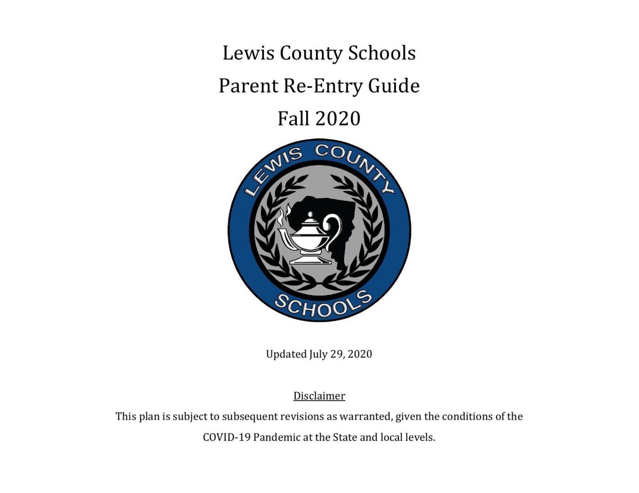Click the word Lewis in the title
coord(248,53)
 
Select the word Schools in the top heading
coord(382,53)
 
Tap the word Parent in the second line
coord(248,86)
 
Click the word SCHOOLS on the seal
coord(323,305)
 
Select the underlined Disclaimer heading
coord(319,396)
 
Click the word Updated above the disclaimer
coord(286,354)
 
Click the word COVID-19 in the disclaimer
coord(227,437)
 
